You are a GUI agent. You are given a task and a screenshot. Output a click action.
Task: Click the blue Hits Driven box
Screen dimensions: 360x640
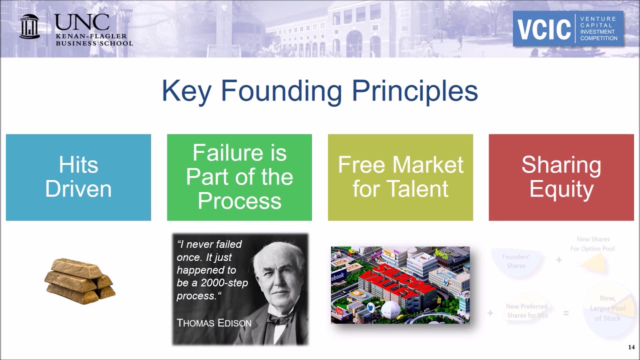(x=78, y=177)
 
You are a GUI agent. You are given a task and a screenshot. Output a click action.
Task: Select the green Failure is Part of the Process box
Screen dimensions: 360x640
(x=239, y=177)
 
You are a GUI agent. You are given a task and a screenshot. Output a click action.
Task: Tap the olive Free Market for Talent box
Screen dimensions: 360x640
(x=400, y=177)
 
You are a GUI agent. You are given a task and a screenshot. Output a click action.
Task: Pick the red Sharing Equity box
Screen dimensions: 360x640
(x=561, y=177)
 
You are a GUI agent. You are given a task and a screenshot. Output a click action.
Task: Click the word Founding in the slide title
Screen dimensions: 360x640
(x=281, y=91)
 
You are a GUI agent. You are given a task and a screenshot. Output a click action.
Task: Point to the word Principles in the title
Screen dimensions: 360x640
(x=414, y=91)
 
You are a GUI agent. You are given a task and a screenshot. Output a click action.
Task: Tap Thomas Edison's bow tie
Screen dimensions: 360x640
(x=279, y=319)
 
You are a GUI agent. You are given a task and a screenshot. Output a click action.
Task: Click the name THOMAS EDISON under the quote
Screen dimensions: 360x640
(x=214, y=323)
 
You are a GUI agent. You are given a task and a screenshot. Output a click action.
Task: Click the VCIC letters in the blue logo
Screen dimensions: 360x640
(x=544, y=29)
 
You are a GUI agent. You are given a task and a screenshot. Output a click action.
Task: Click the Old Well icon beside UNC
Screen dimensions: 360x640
(x=29, y=26)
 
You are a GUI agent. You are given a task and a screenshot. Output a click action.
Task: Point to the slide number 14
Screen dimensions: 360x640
(x=631, y=347)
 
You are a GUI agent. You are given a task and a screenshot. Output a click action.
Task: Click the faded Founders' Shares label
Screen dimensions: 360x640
(x=516, y=261)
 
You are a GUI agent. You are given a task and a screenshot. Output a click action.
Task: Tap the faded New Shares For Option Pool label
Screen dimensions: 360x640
(x=592, y=244)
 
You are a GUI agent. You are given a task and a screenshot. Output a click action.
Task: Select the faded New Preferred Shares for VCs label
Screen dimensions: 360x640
(x=526, y=310)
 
